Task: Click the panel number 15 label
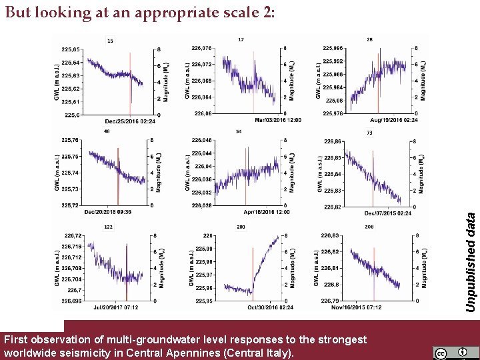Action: (x=110, y=41)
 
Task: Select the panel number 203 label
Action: (x=241, y=227)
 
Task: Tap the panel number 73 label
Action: (x=369, y=133)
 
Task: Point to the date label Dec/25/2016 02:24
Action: (x=130, y=121)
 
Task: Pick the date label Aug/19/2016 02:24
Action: (x=395, y=120)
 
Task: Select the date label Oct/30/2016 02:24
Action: (x=270, y=307)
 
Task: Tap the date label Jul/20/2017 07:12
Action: (x=116, y=307)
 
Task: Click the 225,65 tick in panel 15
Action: (x=71, y=49)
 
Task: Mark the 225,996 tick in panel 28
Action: (x=333, y=48)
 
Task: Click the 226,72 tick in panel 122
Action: (x=73, y=235)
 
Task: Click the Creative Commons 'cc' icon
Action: (x=441, y=352)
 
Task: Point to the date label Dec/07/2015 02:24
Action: (x=387, y=213)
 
